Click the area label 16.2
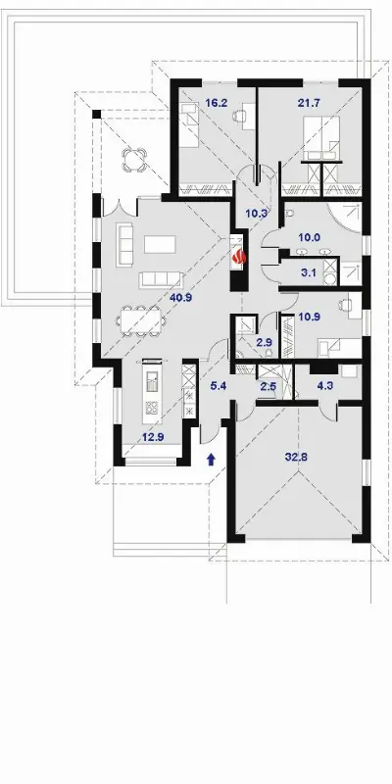tap(217, 104)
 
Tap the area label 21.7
tap(309, 104)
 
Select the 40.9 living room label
tap(181, 298)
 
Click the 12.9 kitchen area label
tap(153, 437)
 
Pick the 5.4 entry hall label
tap(219, 385)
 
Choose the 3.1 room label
tap(310, 273)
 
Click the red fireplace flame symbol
tap(239, 257)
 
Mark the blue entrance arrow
tap(211, 459)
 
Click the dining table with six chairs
tap(141, 320)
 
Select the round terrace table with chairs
tap(135, 159)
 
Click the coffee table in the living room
tap(160, 244)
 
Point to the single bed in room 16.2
tap(189, 124)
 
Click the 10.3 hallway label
tap(256, 213)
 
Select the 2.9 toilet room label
tap(263, 342)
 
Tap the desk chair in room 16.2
tap(239, 116)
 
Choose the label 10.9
tap(310, 317)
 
